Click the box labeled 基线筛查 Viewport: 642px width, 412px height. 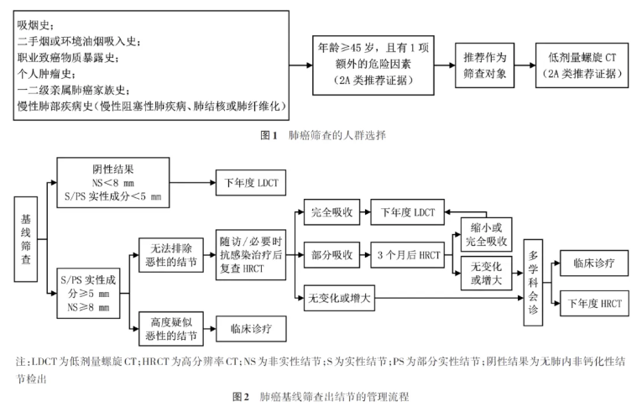[x=26, y=239]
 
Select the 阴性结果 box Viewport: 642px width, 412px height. [x=113, y=183]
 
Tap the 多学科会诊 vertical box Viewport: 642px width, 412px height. [x=533, y=283]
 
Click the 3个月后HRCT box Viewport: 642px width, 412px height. [x=407, y=255]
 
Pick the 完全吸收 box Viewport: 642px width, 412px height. [x=331, y=212]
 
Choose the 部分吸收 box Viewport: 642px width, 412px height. [x=331, y=255]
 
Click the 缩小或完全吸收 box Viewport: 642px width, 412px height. [x=487, y=234]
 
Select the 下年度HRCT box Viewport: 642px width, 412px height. [x=594, y=304]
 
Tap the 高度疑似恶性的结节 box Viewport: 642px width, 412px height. [x=171, y=329]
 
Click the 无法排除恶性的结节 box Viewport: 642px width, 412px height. [x=171, y=255]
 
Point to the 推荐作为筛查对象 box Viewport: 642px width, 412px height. [x=485, y=65]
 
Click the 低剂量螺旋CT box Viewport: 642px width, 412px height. [x=582, y=65]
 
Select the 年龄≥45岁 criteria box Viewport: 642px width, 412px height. [x=373, y=65]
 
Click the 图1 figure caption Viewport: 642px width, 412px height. [x=323, y=135]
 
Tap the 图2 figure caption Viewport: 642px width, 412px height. [x=321, y=396]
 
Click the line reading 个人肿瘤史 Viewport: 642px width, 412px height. [x=46, y=74]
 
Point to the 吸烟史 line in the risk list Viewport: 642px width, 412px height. [x=35, y=25]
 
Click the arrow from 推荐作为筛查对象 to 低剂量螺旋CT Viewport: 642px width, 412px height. [x=525, y=65]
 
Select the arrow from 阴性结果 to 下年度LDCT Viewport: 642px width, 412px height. [x=192, y=183]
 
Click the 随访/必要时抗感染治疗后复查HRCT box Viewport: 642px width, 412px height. [x=251, y=255]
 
